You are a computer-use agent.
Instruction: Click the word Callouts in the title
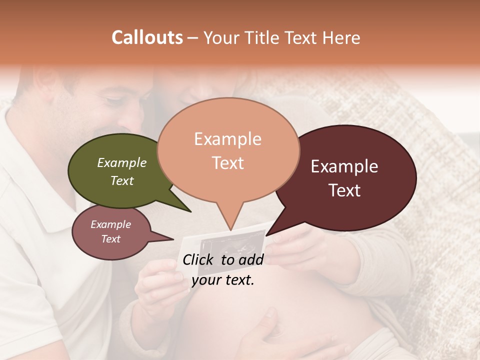(x=147, y=38)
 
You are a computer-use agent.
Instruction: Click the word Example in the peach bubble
(x=228, y=139)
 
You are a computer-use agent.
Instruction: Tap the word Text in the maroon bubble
(x=345, y=190)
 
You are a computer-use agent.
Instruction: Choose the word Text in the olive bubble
(x=122, y=180)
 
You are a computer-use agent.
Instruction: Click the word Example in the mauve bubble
(x=111, y=224)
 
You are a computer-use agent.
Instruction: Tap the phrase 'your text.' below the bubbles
(x=223, y=280)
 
